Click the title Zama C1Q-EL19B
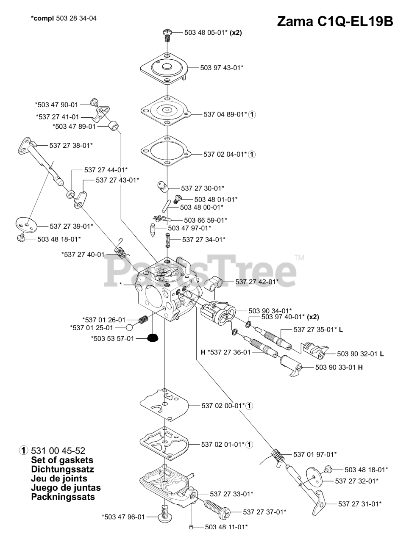334,21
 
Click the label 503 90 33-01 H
339,367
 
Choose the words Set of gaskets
62,460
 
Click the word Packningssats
63,497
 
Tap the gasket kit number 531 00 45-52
56,451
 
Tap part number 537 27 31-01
360,503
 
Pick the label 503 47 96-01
123,517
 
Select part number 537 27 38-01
71,145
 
